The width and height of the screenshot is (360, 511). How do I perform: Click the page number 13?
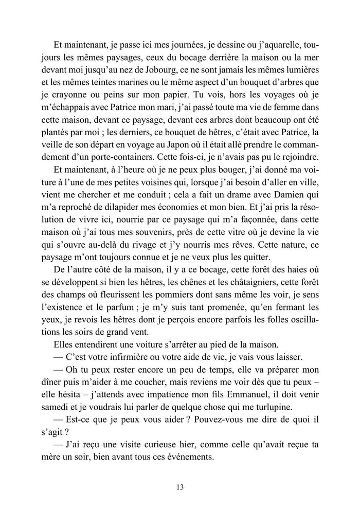tap(179, 487)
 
